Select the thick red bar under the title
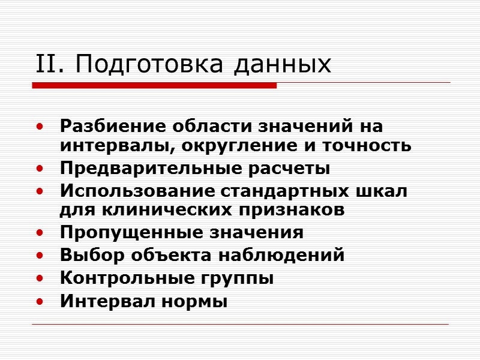(154, 86)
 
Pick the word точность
(371, 145)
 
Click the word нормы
(196, 301)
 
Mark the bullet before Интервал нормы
(40, 302)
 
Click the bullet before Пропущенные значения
(40, 233)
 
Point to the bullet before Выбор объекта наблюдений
(40, 256)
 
